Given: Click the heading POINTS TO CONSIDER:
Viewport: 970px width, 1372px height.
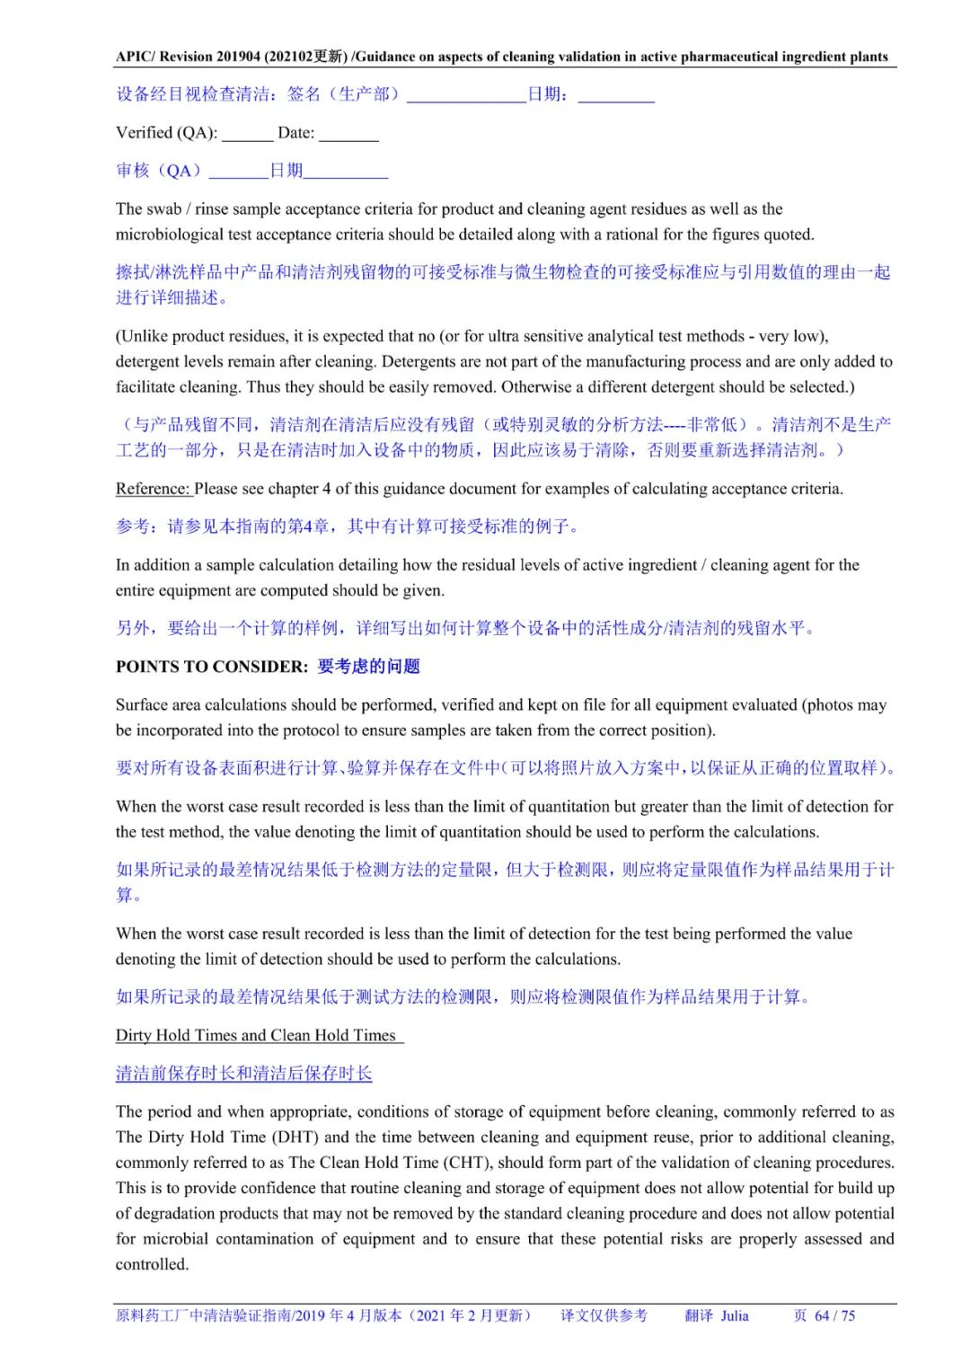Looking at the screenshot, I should click(x=211, y=667).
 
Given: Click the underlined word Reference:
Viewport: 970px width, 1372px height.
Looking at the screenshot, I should click(x=153, y=489).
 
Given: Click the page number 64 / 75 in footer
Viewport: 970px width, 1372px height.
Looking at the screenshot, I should click(x=834, y=1315).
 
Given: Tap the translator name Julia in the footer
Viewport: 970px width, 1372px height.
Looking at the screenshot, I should click(x=734, y=1315).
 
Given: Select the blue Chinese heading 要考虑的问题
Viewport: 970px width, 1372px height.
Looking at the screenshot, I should click(x=368, y=667).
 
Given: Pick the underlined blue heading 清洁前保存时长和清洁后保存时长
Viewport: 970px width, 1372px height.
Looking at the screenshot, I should click(x=243, y=1074).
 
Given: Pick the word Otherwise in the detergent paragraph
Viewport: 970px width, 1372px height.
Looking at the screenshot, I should click(x=536, y=387).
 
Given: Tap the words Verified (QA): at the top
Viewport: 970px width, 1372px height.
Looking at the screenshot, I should click(x=166, y=133).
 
